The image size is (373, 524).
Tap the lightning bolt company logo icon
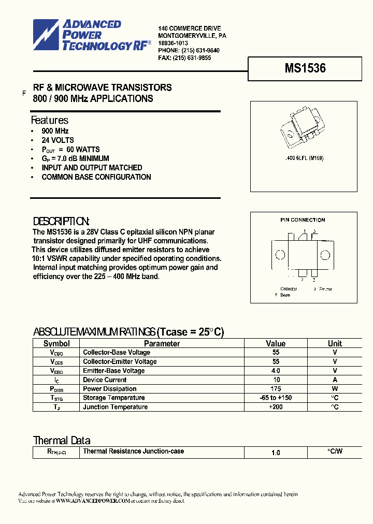tap(47, 35)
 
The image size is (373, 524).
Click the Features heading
tap(50, 120)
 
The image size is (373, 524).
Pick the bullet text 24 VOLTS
tap(58, 140)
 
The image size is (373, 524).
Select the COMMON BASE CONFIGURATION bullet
tap(96, 177)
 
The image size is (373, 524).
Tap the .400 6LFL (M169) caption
tap(304, 158)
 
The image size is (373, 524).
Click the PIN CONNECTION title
tap(303, 220)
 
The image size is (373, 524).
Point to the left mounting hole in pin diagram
tap(280, 255)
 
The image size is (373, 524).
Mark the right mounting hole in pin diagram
tap(325, 255)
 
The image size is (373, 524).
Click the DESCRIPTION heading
tap(61, 221)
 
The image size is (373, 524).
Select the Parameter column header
tap(162, 343)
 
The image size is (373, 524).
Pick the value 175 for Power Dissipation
tap(276, 389)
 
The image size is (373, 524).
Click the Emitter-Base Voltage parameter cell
tap(113, 371)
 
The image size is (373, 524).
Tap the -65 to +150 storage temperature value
tap(276, 398)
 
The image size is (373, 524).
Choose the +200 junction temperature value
tap(276, 407)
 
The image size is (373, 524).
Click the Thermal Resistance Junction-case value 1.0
tap(276, 453)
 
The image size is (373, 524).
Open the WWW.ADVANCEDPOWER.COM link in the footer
tap(92, 501)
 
